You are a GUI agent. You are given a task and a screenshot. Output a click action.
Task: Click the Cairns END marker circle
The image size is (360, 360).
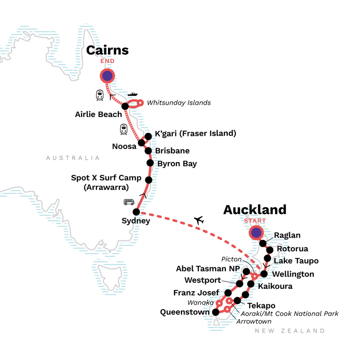[x=107, y=76]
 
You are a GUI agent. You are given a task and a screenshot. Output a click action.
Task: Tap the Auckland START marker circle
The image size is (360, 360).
[x=256, y=232]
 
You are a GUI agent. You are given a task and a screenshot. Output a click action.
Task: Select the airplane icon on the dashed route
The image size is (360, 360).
[x=198, y=220]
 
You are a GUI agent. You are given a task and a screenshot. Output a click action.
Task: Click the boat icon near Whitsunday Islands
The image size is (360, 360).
[x=132, y=94]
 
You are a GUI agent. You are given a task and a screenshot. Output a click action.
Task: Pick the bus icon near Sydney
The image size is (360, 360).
[x=129, y=202]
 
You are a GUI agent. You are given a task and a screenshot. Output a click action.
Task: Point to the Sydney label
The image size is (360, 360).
[x=136, y=221]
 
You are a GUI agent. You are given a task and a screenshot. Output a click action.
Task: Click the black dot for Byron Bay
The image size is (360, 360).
[x=150, y=163]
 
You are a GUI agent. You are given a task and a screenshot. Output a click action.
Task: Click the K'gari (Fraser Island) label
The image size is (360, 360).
[x=195, y=133]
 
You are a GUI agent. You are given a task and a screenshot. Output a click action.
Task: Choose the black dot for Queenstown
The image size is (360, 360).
[x=216, y=312]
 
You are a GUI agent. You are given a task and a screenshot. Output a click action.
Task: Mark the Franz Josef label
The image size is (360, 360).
[x=197, y=292]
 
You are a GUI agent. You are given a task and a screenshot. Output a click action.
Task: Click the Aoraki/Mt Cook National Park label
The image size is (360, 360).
[x=290, y=313]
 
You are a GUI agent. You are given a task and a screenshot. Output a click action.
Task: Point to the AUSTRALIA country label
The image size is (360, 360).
[x=73, y=158]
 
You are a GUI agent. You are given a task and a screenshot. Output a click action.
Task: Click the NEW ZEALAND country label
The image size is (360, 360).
[x=290, y=331]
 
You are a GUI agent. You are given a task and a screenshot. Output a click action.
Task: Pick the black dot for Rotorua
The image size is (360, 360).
[x=270, y=250]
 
